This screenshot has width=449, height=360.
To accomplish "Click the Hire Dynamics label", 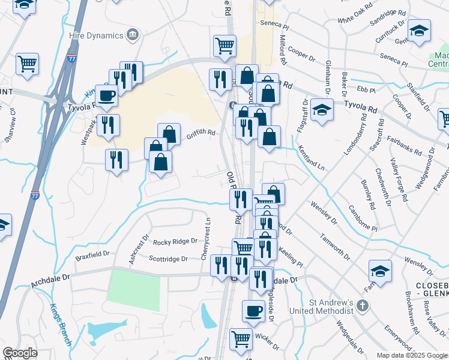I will pyautogui.click(x=95, y=36).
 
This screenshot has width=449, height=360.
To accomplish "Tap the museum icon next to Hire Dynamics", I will pyautogui.click(x=132, y=36).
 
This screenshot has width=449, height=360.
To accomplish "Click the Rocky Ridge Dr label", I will pyautogui.click(x=175, y=241).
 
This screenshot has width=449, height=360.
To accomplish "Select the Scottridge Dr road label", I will pyautogui.click(x=168, y=259).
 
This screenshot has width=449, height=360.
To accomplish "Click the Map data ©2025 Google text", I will pyautogui.click(x=411, y=355).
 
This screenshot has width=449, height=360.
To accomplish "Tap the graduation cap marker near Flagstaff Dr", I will pyautogui.click(x=322, y=110).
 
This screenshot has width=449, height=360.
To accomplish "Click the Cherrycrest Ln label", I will pyautogui.click(x=208, y=238).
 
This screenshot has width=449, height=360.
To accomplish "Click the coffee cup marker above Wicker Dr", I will pyautogui.click(x=253, y=311).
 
